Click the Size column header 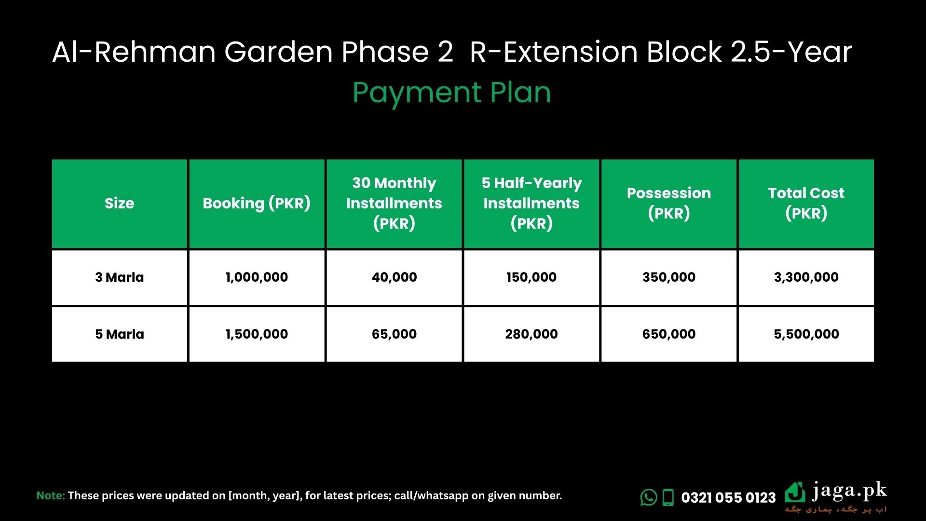coord(120,204)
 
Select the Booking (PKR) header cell coord(257,204)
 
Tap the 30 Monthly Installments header coord(394,204)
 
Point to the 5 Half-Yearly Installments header coord(531,204)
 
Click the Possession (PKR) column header coord(669,204)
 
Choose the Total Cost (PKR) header coord(806,204)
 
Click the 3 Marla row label coord(120,277)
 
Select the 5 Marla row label coord(120,334)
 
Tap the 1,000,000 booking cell coord(257,277)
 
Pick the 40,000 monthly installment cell coord(394,277)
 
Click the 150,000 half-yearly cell coord(531,277)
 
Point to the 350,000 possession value coord(669,277)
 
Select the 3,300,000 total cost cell coord(806,277)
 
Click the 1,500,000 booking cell coord(257,334)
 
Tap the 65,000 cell coord(394,334)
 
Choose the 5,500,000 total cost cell coord(806,334)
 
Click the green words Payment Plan coord(451,93)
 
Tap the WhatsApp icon coord(649,497)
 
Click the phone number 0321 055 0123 coord(728,497)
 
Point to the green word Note coord(51,495)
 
